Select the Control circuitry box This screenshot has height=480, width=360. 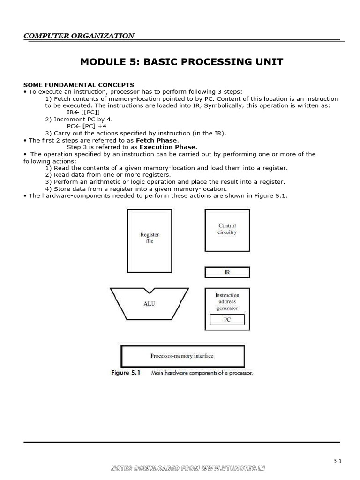coord(227,230)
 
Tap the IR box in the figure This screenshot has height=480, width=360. coord(227,272)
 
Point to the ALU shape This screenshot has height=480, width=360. coord(149,304)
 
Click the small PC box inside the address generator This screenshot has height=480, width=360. coord(227,320)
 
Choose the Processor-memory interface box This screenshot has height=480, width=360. coord(182,356)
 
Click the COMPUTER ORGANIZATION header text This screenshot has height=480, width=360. coord(79,36)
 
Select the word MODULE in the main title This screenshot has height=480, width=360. coord(100,62)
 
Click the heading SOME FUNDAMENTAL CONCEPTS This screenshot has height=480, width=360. coord(79,85)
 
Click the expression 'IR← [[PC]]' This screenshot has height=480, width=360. coord(83,112)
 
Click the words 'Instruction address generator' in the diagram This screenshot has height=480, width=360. coord(227,301)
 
